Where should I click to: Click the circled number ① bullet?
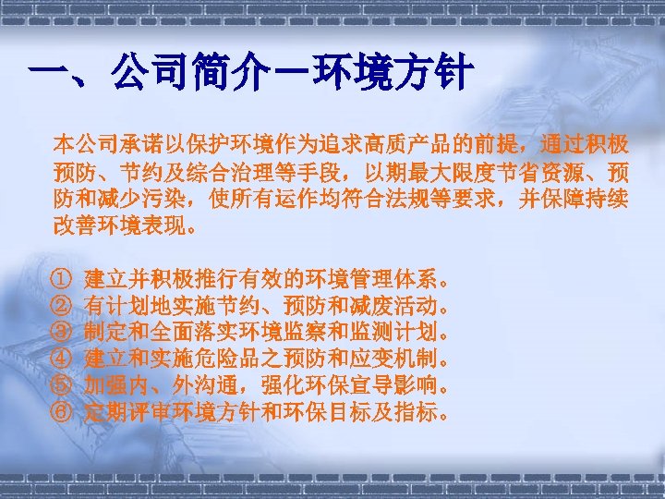61,277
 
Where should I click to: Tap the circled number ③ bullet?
61,330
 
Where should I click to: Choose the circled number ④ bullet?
61,357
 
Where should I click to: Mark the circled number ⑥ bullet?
61,409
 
